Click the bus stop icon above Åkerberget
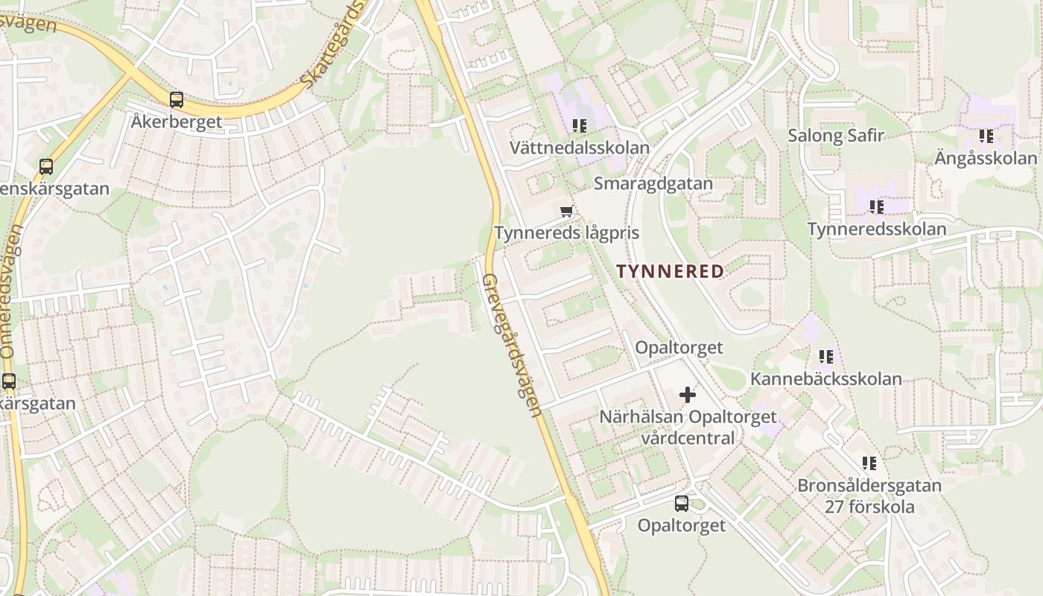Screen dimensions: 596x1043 coord(177,100)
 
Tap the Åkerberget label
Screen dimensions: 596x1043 coord(177,121)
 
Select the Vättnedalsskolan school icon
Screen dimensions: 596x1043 coord(580,126)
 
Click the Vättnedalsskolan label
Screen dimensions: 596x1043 coord(580,148)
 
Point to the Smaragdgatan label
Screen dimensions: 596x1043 coord(653,183)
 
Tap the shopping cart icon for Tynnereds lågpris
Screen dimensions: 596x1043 coord(567,211)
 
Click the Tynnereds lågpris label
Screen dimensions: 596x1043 coord(567,233)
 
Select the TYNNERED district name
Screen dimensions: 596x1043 coord(670,271)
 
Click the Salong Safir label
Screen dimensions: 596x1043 coord(836,136)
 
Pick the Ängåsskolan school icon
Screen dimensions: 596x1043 coord(986,136)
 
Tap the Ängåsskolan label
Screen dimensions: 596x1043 coord(986,158)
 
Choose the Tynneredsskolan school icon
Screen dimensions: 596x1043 coord(877,206)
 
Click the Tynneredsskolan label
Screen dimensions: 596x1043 coord(877,229)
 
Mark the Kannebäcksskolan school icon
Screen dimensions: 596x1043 coord(826,357)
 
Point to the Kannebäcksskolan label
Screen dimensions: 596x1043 coord(826,378)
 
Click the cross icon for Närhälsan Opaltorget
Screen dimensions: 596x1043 coord(688,395)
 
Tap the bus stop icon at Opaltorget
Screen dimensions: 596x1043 coord(682,504)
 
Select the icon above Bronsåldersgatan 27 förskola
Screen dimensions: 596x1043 coord(869,463)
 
